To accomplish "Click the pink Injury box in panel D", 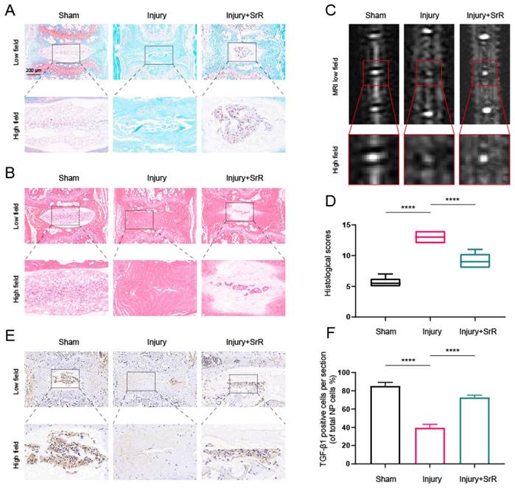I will (431, 237).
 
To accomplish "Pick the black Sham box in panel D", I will (385, 282).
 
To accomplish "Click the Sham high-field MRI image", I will (376, 156).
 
